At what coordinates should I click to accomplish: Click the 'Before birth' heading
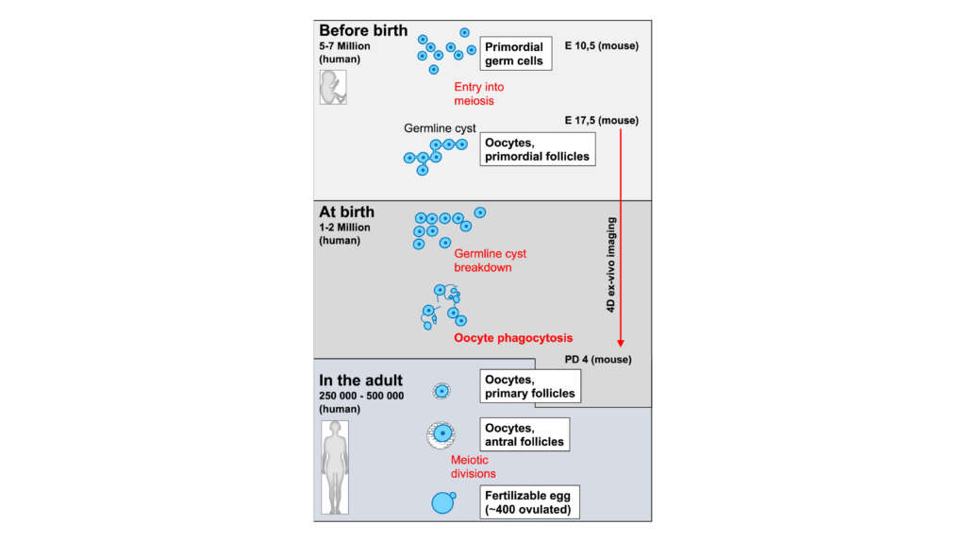tap(363, 30)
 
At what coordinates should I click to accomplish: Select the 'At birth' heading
tap(346, 212)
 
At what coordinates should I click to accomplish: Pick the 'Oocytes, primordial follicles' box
tap(538, 149)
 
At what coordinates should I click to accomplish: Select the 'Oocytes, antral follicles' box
tap(524, 434)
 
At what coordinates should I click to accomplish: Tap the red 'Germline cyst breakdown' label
tap(490, 261)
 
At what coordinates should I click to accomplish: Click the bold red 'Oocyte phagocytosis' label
tap(513, 337)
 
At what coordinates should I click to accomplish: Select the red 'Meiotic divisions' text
tap(474, 466)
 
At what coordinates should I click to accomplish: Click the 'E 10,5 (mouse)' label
tap(598, 45)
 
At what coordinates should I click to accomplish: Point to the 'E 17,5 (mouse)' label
tap(599, 120)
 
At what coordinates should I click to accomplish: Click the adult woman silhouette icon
tap(334, 466)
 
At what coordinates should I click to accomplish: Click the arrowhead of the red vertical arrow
tap(621, 343)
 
